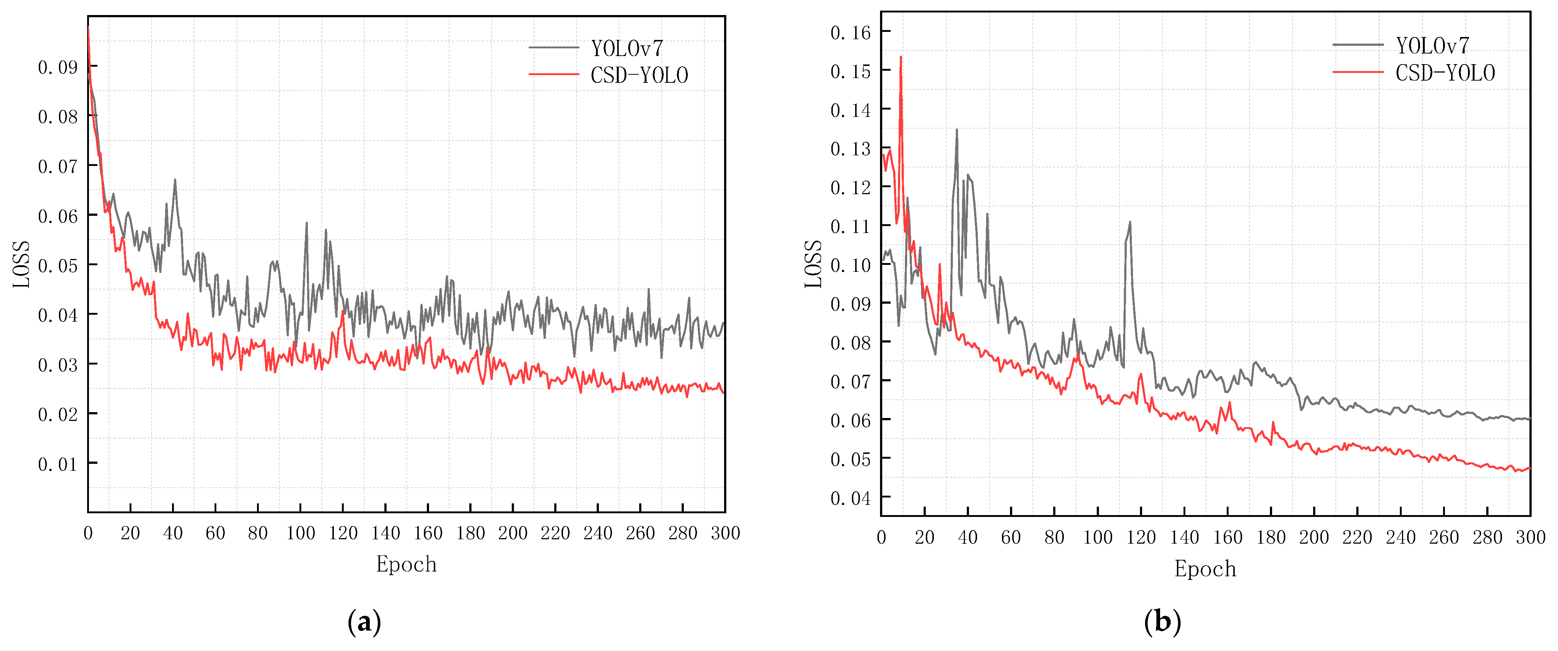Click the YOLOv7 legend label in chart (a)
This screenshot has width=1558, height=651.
point(627,48)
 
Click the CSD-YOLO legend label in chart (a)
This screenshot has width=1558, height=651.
point(639,75)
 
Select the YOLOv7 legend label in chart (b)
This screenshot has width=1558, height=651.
point(1432,45)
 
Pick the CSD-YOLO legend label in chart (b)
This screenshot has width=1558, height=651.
point(1445,73)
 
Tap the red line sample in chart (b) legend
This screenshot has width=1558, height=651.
point(1358,73)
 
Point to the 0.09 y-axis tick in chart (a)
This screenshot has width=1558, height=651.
point(58,67)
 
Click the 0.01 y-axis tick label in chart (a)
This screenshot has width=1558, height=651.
point(58,464)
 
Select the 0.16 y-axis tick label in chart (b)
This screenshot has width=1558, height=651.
point(850,33)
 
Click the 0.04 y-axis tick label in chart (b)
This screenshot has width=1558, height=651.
point(850,498)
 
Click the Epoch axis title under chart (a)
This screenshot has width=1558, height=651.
point(406,564)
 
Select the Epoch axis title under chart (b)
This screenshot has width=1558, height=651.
point(1205,569)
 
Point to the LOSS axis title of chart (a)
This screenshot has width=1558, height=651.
point(22,265)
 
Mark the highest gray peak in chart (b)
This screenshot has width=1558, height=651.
point(957,129)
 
